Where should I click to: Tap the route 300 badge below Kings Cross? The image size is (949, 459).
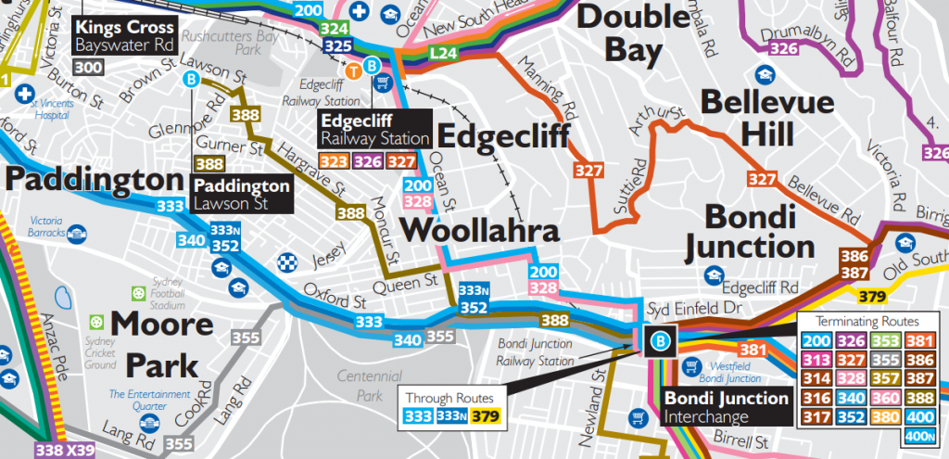89,68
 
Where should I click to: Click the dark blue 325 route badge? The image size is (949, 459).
338,45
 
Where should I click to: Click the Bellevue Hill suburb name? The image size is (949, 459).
748,118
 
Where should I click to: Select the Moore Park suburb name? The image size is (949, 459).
163,343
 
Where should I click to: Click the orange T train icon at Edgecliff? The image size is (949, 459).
353,68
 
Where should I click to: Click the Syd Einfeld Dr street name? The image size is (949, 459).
683,307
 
